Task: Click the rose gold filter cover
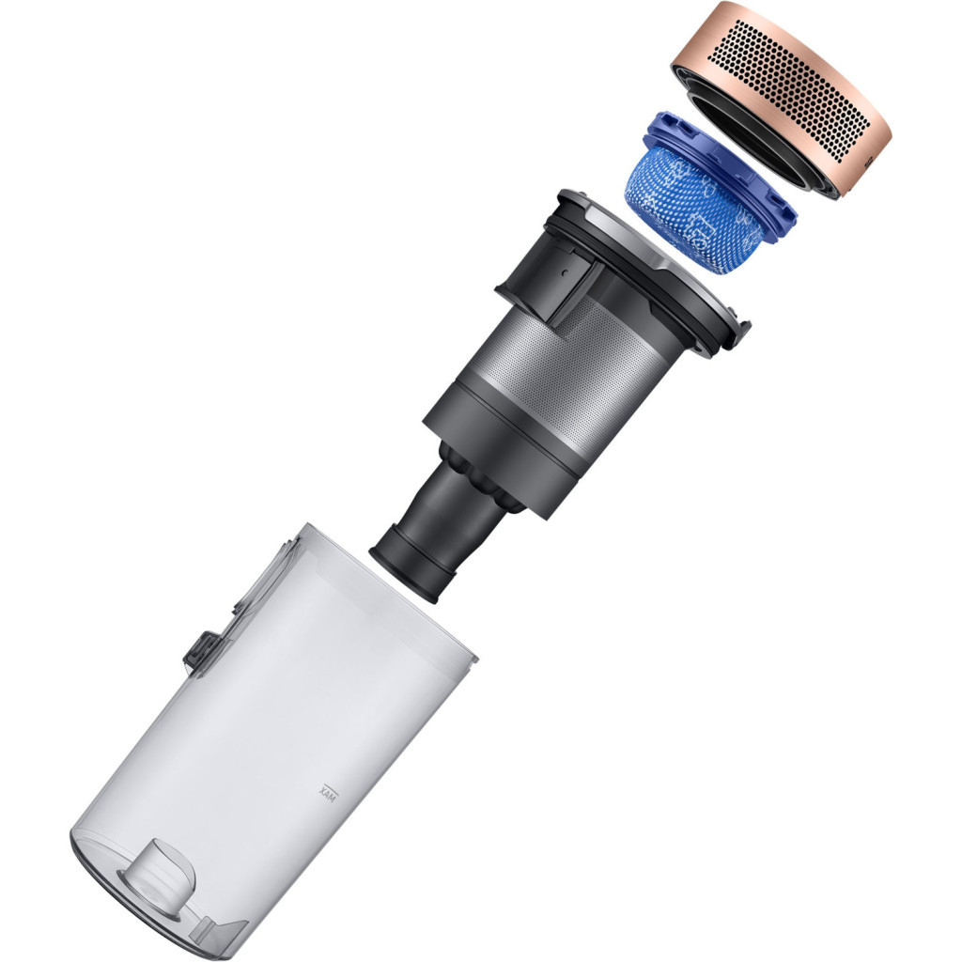[x=781, y=98]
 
